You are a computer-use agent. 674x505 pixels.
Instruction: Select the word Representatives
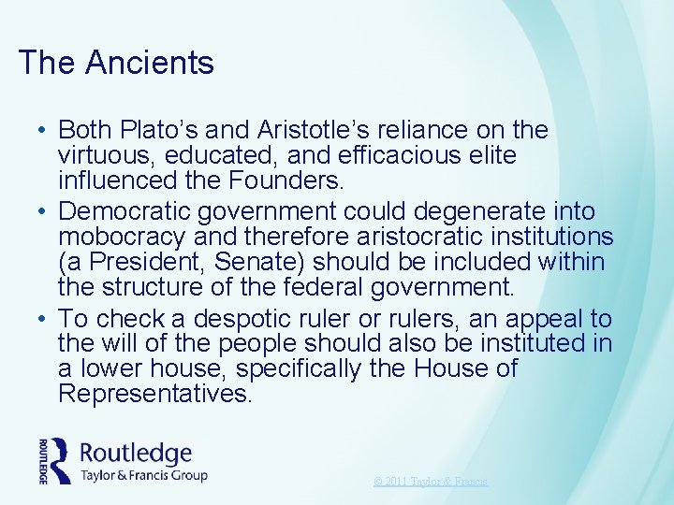coord(154,394)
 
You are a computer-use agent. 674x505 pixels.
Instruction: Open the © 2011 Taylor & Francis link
coord(431,482)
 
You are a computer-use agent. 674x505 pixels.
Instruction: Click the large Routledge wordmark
coord(136,453)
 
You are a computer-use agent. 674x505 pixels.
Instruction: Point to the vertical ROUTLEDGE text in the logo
coord(43,460)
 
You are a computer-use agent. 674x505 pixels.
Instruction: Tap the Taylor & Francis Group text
coord(144,475)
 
